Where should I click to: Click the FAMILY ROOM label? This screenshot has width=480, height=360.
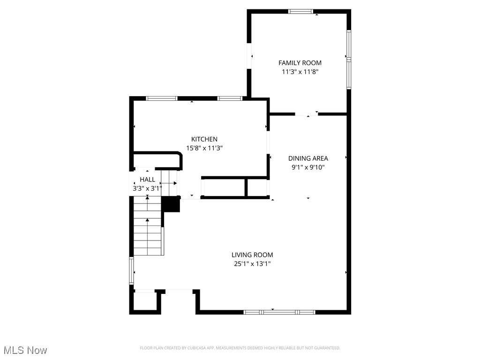[x=300, y=63]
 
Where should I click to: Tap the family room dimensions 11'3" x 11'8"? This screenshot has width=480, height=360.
[x=300, y=72]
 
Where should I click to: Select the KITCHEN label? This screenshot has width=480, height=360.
[x=204, y=139]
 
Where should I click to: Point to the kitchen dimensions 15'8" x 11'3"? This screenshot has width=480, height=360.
[x=204, y=148]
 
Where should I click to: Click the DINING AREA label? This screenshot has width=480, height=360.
[x=308, y=158]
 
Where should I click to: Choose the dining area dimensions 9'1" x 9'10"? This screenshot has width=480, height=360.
[x=308, y=167]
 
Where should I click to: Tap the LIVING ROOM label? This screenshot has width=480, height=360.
[x=252, y=255]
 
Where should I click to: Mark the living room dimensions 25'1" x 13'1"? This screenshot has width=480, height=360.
[x=252, y=264]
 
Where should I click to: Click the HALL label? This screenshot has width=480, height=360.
[x=147, y=180]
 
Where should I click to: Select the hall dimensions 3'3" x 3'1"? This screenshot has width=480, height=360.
[x=147, y=189]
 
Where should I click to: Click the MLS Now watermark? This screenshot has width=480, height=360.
[x=25, y=350]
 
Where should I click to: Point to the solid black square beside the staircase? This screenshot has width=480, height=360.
[x=171, y=204]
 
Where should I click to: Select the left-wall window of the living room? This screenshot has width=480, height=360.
[x=132, y=271]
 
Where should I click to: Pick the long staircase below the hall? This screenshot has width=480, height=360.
[x=148, y=226]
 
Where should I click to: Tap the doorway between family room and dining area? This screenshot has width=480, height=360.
[x=306, y=113]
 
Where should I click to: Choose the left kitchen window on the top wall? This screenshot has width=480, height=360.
[x=162, y=98]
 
